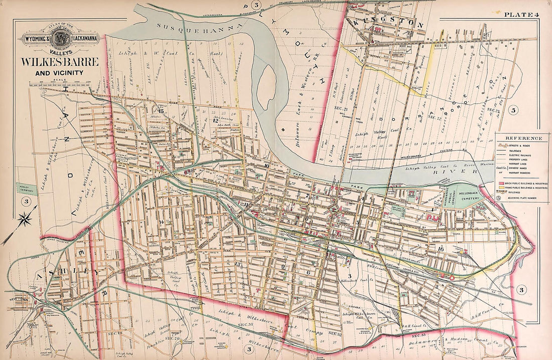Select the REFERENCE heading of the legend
pos(523,138)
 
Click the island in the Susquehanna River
pos(268,82)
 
